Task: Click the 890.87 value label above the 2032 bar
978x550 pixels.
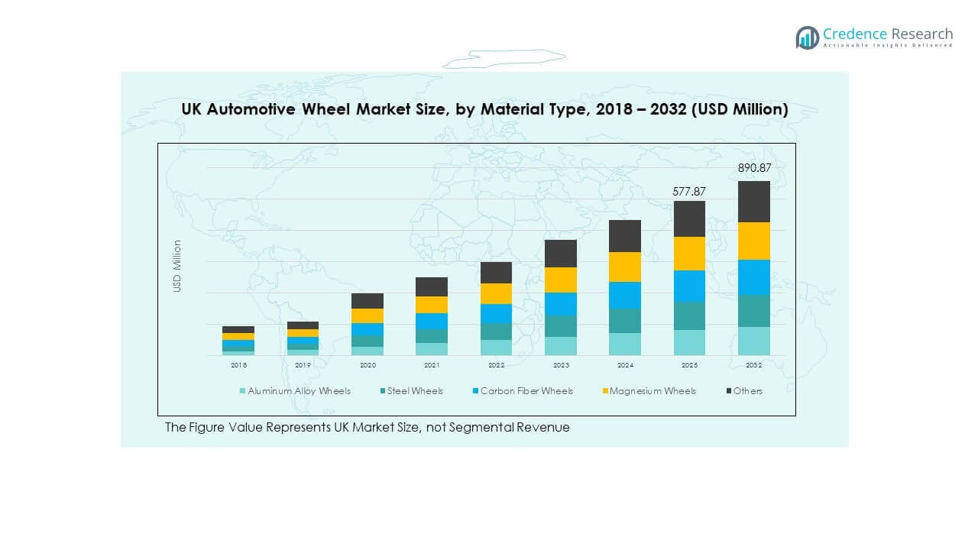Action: tap(753, 168)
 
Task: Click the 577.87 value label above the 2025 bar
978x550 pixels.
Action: tap(688, 192)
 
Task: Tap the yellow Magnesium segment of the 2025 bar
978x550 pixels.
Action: tap(688, 254)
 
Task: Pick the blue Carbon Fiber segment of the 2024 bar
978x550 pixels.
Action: tap(624, 295)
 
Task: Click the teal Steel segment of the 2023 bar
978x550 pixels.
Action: tap(560, 326)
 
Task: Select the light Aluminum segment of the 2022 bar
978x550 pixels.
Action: tap(496, 348)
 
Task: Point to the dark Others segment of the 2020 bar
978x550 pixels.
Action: tap(368, 301)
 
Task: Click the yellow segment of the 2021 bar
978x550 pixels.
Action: tap(432, 305)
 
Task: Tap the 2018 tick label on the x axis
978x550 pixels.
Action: tap(238, 366)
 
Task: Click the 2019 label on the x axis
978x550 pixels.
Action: tap(303, 366)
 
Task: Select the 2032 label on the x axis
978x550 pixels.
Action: tap(753, 366)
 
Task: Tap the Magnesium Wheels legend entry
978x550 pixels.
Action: tap(653, 391)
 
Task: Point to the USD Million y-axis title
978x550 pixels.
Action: tap(177, 266)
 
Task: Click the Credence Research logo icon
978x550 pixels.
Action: tap(807, 37)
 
